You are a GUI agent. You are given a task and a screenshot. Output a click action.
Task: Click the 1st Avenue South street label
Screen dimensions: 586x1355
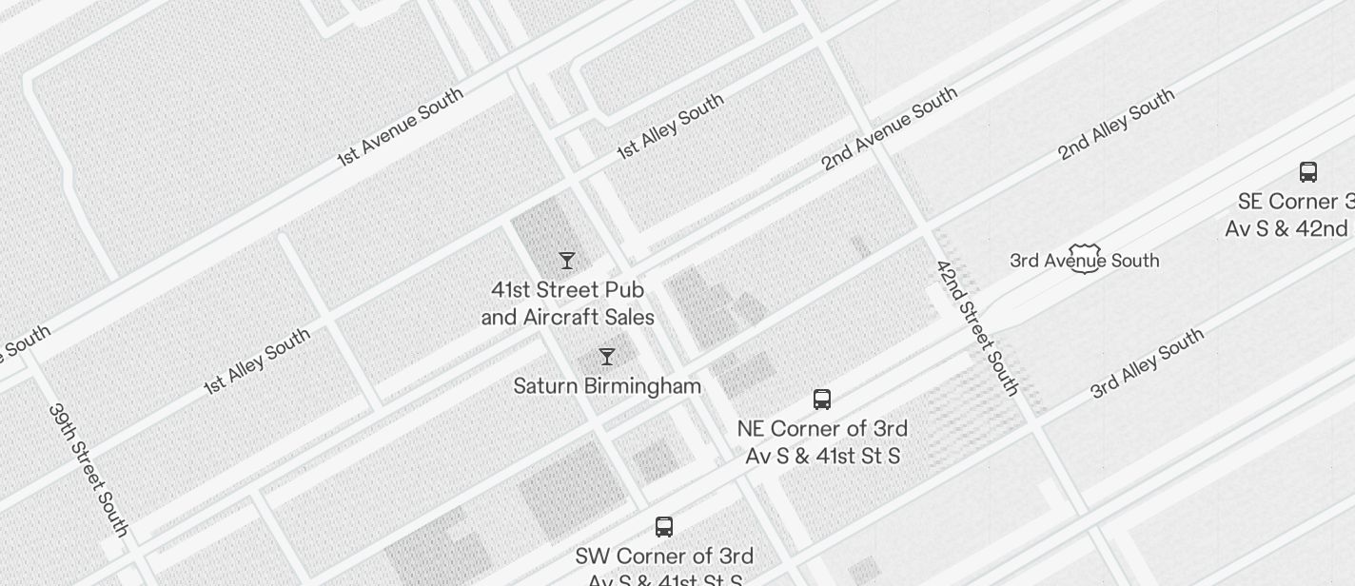[x=401, y=127]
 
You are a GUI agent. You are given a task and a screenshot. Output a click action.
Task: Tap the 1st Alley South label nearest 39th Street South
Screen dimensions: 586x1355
[x=257, y=361]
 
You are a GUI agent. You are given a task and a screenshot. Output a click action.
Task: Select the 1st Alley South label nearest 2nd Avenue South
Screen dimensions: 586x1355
[x=670, y=126]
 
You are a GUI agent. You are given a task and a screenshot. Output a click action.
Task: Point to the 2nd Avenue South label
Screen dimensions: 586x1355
[x=889, y=128]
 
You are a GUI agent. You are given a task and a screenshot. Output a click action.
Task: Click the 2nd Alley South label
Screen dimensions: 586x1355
[x=1116, y=124]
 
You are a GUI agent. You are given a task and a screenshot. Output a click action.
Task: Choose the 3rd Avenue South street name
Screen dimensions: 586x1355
[x=1084, y=261]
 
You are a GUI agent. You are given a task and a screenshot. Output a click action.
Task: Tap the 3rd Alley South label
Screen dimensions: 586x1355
[x=1148, y=362]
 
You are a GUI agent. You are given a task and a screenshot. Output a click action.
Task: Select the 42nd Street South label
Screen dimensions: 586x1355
[x=977, y=327]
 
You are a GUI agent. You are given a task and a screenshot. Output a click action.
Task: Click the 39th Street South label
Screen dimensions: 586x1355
[x=88, y=469]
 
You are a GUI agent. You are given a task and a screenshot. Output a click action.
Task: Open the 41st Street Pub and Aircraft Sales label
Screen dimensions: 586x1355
[x=568, y=303]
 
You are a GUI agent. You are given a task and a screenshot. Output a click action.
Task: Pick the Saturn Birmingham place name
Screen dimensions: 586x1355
[x=607, y=386]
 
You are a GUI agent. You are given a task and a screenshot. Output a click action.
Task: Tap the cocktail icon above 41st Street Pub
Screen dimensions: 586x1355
[x=567, y=261]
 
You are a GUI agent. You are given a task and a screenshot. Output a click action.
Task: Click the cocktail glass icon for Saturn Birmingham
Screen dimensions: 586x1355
[x=607, y=357]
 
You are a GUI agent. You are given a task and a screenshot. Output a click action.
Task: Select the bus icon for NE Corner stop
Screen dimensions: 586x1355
[x=822, y=400]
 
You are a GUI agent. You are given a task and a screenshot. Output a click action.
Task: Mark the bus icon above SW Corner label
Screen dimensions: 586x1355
[x=664, y=527]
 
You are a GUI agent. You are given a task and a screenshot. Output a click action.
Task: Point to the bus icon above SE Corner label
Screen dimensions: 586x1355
[x=1308, y=172]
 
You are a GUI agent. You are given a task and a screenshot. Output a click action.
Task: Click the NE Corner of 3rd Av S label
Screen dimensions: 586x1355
[x=822, y=442]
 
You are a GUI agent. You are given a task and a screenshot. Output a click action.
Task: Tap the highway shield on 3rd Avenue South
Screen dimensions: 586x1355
[x=1085, y=259]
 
